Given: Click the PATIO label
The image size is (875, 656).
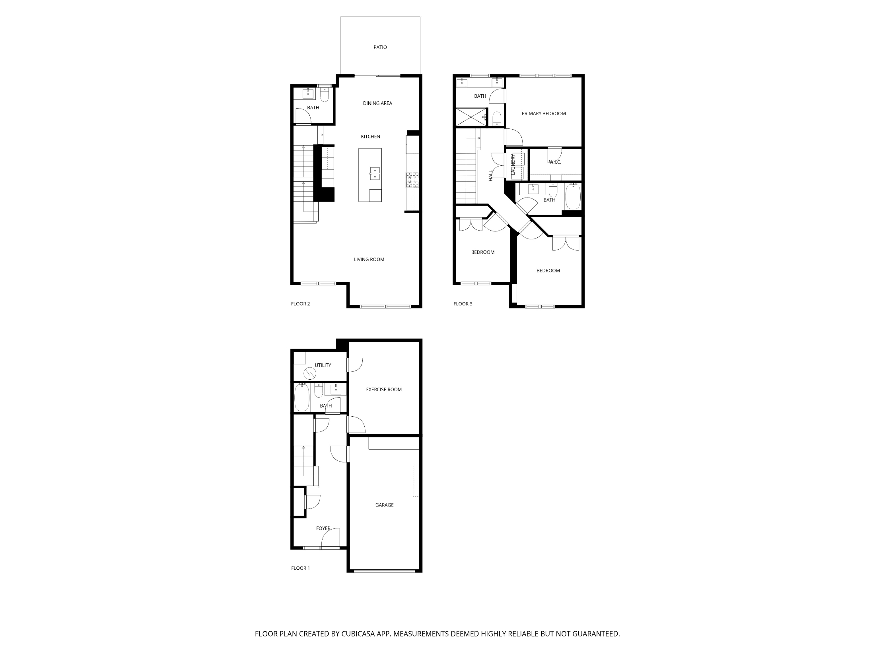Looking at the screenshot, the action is (380, 47).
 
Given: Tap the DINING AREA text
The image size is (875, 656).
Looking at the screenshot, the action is (377, 103).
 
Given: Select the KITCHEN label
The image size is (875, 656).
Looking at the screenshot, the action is (370, 137).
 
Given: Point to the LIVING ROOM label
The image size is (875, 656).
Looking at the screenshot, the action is (369, 260).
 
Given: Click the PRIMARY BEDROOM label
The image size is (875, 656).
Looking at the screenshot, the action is (544, 114).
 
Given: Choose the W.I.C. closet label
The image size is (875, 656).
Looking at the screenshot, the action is (555, 162).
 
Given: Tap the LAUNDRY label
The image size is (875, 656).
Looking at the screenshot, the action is (513, 165).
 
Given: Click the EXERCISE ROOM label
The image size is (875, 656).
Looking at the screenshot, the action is (384, 390).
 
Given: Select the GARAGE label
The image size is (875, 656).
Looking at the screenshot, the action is (384, 505).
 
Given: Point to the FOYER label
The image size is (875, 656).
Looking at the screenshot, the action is (323, 528).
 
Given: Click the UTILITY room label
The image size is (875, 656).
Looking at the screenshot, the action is (323, 365).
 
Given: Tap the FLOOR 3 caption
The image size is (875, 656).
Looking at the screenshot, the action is (463, 304).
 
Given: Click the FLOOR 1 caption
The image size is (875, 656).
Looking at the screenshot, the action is (300, 568).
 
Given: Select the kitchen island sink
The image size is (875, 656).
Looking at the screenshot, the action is (375, 173).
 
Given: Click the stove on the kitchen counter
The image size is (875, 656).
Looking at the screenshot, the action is (412, 180).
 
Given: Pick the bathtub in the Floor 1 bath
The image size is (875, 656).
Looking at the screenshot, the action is (301, 397).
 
